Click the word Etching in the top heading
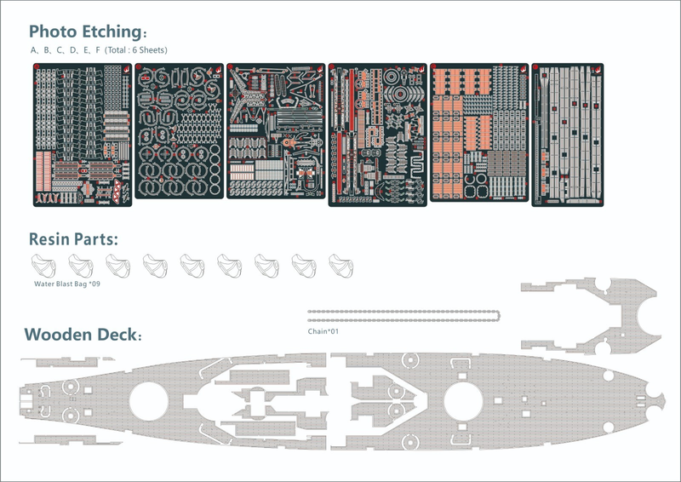click(x=110, y=32)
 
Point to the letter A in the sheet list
click(x=34, y=50)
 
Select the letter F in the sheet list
click(x=98, y=50)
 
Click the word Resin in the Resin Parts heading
click(x=52, y=239)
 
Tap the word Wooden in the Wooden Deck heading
click(x=60, y=335)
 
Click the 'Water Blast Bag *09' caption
click(x=66, y=282)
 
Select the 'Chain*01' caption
click(x=323, y=331)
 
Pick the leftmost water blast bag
click(x=41, y=265)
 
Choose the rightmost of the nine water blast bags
click(x=340, y=265)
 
